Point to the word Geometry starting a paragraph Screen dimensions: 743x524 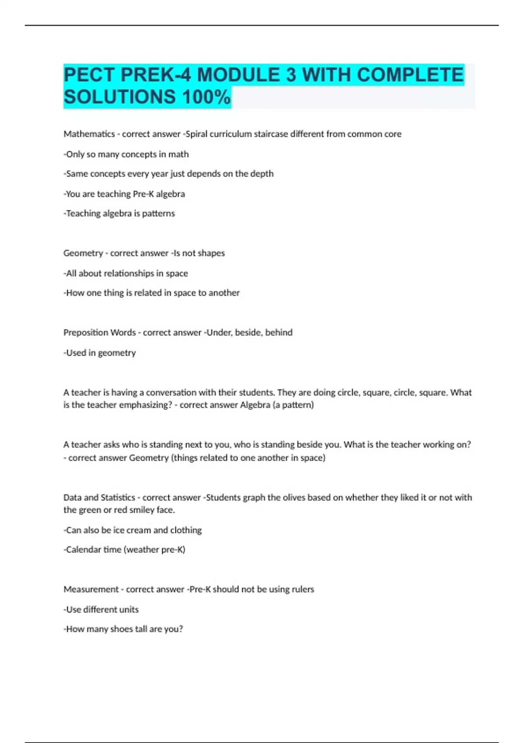83,253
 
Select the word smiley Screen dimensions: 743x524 142,510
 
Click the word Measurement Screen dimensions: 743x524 91,589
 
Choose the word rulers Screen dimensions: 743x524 303,589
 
